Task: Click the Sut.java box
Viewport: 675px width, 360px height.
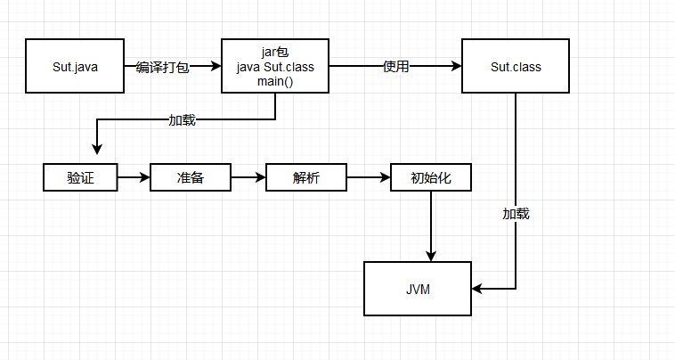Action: (74, 66)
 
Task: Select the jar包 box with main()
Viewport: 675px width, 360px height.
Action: (275, 66)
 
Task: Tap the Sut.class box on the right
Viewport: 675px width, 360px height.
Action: (516, 66)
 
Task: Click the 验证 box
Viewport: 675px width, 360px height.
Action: (80, 177)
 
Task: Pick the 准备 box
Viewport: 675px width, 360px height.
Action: (191, 177)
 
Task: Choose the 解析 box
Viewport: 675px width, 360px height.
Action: (306, 177)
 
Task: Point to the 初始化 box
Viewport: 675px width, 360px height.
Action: (431, 177)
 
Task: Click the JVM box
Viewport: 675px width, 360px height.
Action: (418, 289)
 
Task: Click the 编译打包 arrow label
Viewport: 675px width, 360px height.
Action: (162, 67)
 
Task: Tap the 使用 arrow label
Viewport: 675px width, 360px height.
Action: (395, 66)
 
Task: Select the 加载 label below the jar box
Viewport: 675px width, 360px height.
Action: (182, 119)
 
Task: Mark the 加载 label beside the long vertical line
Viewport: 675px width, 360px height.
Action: (516, 214)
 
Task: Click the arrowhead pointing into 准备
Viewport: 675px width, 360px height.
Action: (144, 177)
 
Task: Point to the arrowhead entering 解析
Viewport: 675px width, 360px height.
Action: (260, 177)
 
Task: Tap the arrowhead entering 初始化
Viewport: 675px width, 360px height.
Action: (385, 177)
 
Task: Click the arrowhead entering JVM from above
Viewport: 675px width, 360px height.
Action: (431, 257)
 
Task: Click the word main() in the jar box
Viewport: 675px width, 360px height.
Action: (275, 82)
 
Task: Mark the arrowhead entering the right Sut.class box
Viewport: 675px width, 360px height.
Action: (456, 66)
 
